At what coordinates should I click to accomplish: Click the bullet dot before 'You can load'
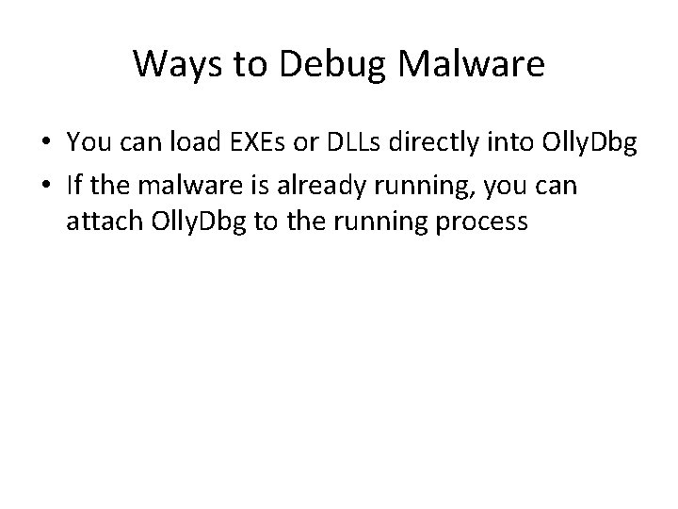click(x=45, y=143)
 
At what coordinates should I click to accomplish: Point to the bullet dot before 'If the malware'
click(x=45, y=187)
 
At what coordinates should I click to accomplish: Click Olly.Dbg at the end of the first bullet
click(x=577, y=143)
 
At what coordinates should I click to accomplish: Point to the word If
click(x=75, y=186)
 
